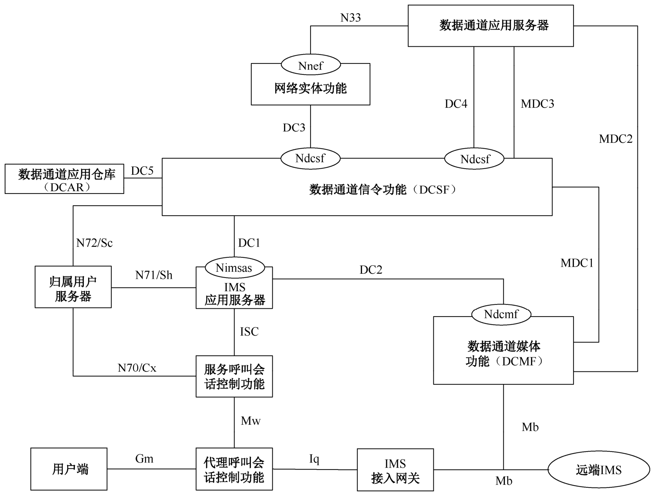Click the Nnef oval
pyautogui.click(x=311, y=65)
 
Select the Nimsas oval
pyautogui.click(x=234, y=268)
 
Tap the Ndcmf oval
pyautogui.click(x=501, y=314)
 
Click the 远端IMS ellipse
pyautogui.click(x=599, y=470)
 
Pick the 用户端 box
pyautogui.click(x=69, y=469)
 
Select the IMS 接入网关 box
pyautogui.click(x=395, y=470)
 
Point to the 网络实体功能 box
pyautogui.click(x=310, y=89)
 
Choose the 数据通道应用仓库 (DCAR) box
pyautogui.click(x=64, y=179)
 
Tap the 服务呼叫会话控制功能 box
pyautogui.click(x=234, y=376)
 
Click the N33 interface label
pyautogui.click(x=351, y=18)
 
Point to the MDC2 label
pyautogui.click(x=616, y=139)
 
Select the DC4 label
pyautogui.click(x=456, y=104)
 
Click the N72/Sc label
pyautogui.click(x=95, y=243)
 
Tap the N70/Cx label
pyautogui.click(x=137, y=368)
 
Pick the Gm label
pyautogui.click(x=144, y=459)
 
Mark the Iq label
pyautogui.click(x=314, y=459)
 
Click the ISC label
pyautogui.click(x=249, y=332)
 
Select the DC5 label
pyautogui.click(x=142, y=171)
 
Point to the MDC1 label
pyautogui.click(x=577, y=263)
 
